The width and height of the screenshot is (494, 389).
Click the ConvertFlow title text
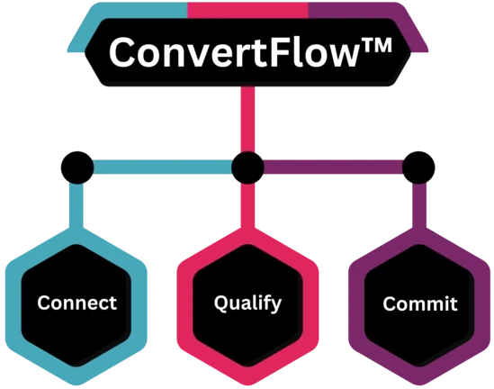click(x=250, y=52)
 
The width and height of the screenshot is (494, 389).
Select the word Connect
click(x=76, y=303)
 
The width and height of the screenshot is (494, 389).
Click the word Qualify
click(x=247, y=303)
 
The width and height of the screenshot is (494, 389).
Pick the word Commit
click(x=420, y=303)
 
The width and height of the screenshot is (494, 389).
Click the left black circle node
click(x=77, y=167)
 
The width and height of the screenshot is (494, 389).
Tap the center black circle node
click(x=247, y=167)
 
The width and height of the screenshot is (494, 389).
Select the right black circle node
click(x=418, y=167)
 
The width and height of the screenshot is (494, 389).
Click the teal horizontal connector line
click(x=163, y=167)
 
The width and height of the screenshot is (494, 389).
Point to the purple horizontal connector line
click(x=333, y=167)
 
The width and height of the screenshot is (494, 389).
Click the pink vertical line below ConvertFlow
click(x=247, y=119)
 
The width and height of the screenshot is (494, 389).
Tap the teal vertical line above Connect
click(x=76, y=205)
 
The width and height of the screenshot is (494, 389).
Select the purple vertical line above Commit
click(x=419, y=205)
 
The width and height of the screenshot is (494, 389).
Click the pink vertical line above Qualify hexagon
click(x=247, y=205)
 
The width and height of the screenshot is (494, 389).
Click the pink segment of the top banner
click(x=247, y=10)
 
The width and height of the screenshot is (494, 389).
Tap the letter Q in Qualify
click(x=221, y=303)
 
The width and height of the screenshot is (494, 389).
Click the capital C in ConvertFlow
click(x=122, y=52)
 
